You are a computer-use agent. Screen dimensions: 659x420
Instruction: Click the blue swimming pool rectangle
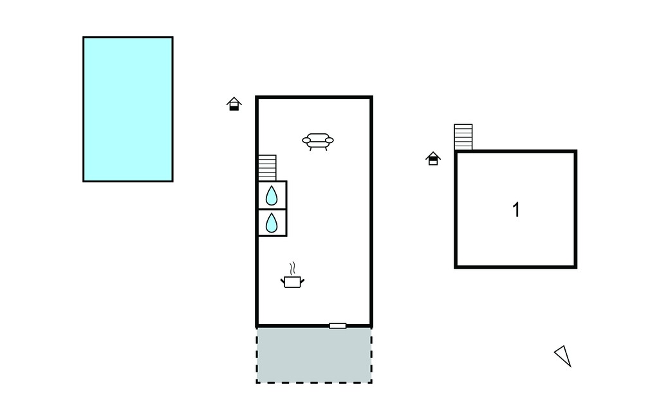pyautogui.click(x=128, y=110)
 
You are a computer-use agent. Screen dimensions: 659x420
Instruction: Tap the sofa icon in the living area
pyautogui.click(x=318, y=142)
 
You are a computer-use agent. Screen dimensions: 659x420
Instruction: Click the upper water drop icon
pyautogui.click(x=272, y=196)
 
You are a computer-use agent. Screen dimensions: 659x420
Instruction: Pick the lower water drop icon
pyautogui.click(x=272, y=223)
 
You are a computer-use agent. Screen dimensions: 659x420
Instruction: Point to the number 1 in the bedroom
pyautogui.click(x=516, y=209)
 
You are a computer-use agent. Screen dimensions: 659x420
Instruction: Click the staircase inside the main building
pyautogui.click(x=267, y=168)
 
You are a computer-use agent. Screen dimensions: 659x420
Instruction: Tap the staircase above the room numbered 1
pyautogui.click(x=463, y=137)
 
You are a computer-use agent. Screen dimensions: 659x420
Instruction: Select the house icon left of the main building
pyautogui.click(x=234, y=104)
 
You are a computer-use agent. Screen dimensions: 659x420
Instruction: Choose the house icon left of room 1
pyautogui.click(x=433, y=158)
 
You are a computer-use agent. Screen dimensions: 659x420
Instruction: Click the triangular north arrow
pyautogui.click(x=563, y=356)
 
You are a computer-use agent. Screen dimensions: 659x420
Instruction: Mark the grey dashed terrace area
pyautogui.click(x=314, y=356)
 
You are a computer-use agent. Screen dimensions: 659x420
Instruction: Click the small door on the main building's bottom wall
pyautogui.click(x=337, y=326)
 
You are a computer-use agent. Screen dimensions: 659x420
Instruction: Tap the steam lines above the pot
pyautogui.click(x=293, y=268)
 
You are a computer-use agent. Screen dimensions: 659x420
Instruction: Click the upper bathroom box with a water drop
pyautogui.click(x=272, y=195)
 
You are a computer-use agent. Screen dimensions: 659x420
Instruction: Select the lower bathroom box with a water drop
pyautogui.click(x=272, y=223)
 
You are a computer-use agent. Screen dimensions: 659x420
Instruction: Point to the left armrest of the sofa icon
pyautogui.click(x=306, y=140)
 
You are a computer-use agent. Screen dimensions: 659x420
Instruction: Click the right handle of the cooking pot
pyautogui.click(x=302, y=281)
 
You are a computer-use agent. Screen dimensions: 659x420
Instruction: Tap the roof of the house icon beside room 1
pyautogui.click(x=433, y=155)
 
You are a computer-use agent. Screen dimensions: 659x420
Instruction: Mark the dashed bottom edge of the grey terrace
pyautogui.click(x=314, y=383)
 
